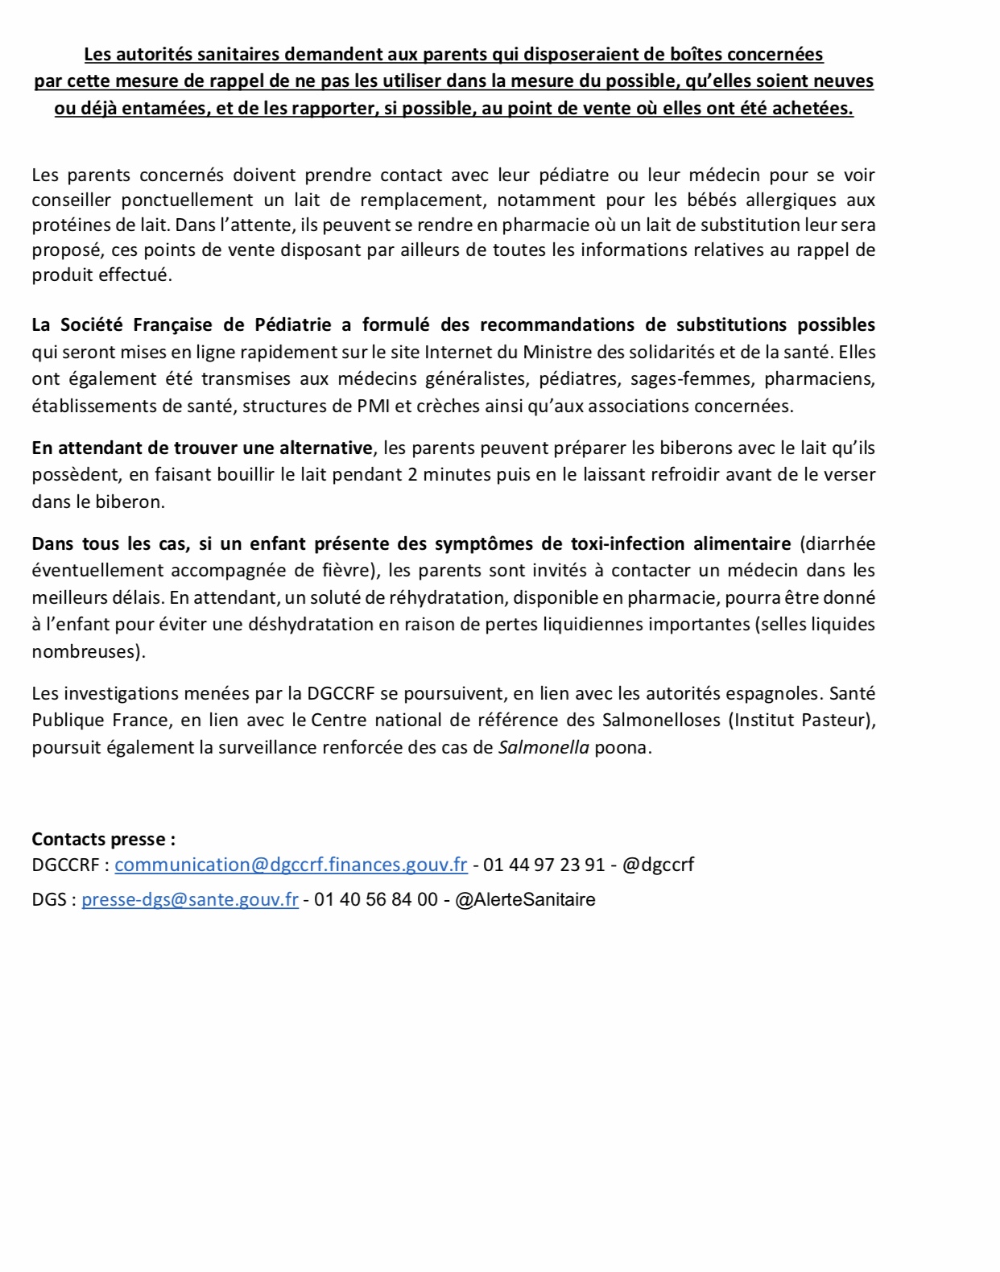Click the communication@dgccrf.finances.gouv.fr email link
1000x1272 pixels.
(291, 865)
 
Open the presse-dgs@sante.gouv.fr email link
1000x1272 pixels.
(190, 899)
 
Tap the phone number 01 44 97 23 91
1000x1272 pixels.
(543, 865)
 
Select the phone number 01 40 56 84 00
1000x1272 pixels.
(376, 899)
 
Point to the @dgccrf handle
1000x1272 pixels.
(658, 865)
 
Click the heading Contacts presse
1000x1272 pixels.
(103, 839)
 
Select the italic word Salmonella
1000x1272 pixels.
(543, 747)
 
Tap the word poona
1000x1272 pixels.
(621, 747)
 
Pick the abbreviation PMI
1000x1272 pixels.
(373, 406)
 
